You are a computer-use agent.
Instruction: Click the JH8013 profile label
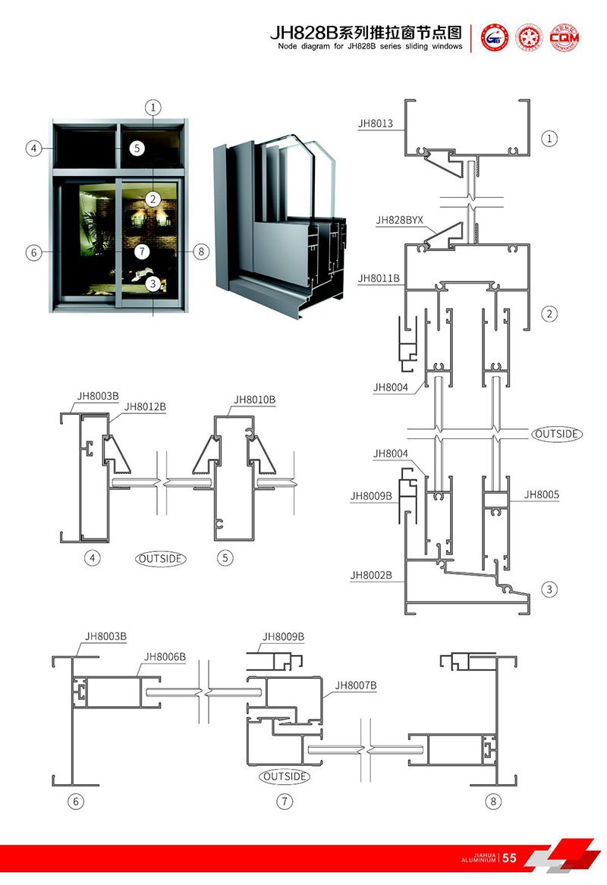376,124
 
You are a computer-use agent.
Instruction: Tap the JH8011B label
379,278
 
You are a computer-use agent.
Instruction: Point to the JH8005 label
541,494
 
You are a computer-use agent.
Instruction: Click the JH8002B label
371,576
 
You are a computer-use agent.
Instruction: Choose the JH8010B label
254,400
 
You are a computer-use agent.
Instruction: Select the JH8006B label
165,657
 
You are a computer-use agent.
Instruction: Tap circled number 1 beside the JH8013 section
549,138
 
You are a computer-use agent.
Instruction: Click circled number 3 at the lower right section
549,588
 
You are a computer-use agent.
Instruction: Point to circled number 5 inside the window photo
136,149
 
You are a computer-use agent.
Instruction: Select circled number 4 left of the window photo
33,149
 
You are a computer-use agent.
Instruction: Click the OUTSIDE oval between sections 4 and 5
161,559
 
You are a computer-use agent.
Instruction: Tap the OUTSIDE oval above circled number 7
285,777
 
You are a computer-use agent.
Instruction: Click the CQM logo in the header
564,36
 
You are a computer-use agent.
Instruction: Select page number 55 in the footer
509,858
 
